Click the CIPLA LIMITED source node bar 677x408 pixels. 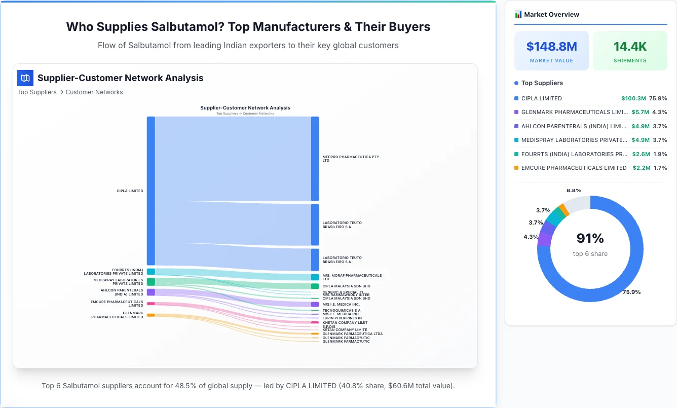[x=151, y=191]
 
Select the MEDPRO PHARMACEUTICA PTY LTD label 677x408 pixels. [x=350, y=159]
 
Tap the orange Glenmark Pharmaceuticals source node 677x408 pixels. [x=151, y=315]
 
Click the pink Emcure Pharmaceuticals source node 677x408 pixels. [x=151, y=304]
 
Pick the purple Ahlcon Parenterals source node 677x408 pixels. [x=151, y=292]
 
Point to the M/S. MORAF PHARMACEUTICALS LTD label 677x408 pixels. [x=352, y=277]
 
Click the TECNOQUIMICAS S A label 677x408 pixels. [x=341, y=310]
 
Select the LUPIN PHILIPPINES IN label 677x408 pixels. [x=342, y=318]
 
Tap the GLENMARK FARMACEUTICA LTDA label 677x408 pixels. [x=352, y=333]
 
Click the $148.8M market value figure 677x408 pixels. [x=551, y=47]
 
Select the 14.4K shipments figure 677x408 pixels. [x=630, y=47]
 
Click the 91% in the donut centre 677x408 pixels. [x=590, y=238]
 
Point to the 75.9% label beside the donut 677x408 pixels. [x=631, y=292]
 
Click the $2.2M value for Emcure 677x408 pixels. [x=641, y=168]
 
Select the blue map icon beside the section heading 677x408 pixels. [x=25, y=78]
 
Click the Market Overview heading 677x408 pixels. [x=551, y=15]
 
